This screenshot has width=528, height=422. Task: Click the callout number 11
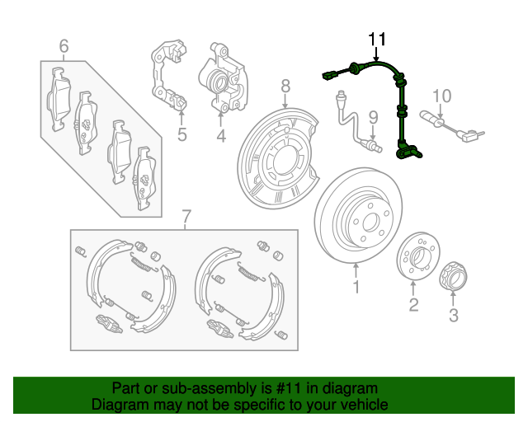[376, 39]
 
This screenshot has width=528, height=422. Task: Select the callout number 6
[64, 46]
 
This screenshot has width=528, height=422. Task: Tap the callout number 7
[186, 217]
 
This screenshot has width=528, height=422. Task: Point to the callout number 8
[285, 86]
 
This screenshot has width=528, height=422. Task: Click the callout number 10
[442, 96]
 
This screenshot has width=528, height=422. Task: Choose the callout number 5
[182, 134]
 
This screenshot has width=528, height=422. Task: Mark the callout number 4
[221, 134]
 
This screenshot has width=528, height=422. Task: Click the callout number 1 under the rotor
[356, 287]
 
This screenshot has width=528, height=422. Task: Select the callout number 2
[413, 306]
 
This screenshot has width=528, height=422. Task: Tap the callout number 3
[453, 314]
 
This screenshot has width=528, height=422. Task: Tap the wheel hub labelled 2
[417, 256]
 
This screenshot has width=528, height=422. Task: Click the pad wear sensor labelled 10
[450, 124]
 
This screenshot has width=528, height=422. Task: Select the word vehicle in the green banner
[363, 405]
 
